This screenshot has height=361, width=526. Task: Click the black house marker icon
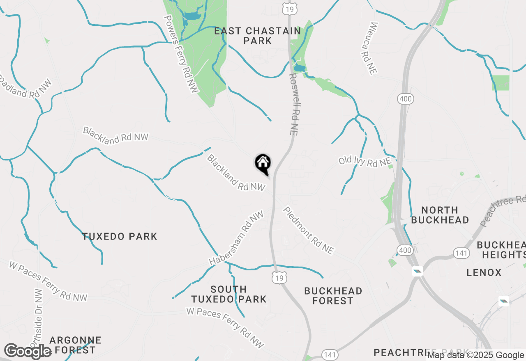[263, 163]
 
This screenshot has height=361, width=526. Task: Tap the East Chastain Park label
[258, 36]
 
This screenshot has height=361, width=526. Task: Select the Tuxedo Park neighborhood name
[120, 236]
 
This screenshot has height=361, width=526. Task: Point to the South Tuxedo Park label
[229, 295]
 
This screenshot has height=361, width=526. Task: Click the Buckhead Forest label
[333, 296]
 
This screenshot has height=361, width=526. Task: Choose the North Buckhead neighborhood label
[440, 215]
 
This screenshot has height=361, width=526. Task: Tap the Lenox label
[484, 272]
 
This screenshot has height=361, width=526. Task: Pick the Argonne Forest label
[75, 345]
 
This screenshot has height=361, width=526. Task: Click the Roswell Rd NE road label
[293, 105]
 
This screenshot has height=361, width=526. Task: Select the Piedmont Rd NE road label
[308, 230]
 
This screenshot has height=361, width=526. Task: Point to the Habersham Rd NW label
[236, 238]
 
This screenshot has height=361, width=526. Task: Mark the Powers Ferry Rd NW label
[181, 54]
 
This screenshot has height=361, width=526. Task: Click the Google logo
[28, 351]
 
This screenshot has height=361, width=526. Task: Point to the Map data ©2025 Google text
[475, 355]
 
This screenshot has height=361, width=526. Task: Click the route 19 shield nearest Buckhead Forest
[279, 278]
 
